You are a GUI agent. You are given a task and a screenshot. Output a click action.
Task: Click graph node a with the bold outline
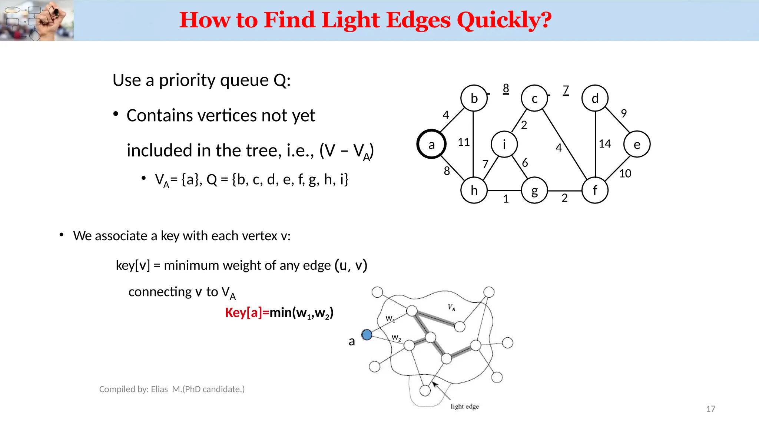pos(431,144)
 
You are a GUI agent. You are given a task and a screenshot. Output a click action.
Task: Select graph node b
pos(474,98)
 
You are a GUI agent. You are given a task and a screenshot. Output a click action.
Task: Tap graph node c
pos(534,98)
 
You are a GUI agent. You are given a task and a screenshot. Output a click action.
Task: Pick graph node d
pos(595,98)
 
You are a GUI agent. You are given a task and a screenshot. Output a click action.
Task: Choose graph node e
pos(637,144)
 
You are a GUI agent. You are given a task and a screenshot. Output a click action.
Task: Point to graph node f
pos(595,191)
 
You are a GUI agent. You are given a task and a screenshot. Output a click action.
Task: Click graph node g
pos(534,191)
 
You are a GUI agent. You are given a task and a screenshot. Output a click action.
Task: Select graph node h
pos(474,191)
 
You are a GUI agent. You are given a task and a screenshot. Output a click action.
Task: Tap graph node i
pos(504,144)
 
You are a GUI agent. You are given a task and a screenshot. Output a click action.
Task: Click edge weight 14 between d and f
pos(605,144)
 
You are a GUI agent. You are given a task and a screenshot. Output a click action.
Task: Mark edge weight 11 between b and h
pos(464,142)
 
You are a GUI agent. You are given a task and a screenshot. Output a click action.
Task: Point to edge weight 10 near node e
pos(625,173)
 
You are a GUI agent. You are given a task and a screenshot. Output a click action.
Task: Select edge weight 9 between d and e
pos(624,113)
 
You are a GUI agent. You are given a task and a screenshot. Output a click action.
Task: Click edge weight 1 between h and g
pos(506,199)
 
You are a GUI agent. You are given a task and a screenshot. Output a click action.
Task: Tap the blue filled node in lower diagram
pos(367,335)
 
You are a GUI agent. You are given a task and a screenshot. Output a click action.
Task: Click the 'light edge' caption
pos(465,407)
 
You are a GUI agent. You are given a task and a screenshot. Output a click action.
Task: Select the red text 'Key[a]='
pos(247,313)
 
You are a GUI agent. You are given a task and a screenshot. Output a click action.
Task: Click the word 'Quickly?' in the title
pos(504,20)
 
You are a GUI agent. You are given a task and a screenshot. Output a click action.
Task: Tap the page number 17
pos(710,409)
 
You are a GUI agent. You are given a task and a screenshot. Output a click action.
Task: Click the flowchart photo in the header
pos(37,21)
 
